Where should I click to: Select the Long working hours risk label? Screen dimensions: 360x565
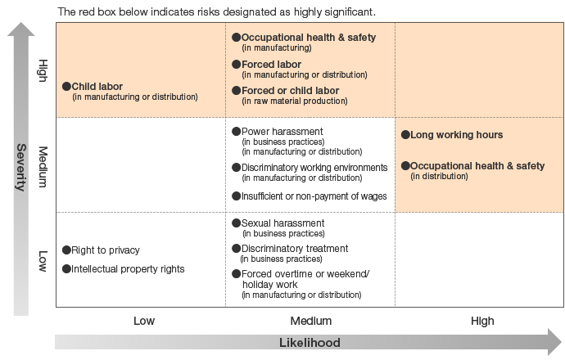[456, 135]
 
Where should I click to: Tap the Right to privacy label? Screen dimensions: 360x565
[106, 250]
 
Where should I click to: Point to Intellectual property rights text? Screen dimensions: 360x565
[128, 268]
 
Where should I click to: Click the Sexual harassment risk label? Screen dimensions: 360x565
[282, 223]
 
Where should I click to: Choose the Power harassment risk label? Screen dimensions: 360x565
[282, 132]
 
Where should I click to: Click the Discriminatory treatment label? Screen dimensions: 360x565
[294, 249]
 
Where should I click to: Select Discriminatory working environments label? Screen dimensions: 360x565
[314, 168]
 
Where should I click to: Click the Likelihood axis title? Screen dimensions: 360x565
[310, 343]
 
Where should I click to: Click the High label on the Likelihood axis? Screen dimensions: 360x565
[482, 321]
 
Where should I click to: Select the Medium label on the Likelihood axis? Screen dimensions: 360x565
[310, 321]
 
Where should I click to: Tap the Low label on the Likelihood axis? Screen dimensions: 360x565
[143, 321]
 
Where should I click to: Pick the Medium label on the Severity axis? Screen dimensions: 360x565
[43, 168]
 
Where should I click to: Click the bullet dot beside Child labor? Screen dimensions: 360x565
[66, 85]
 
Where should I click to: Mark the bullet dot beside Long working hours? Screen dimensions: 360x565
[405, 135]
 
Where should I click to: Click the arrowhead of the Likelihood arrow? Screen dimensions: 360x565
[553, 342]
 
